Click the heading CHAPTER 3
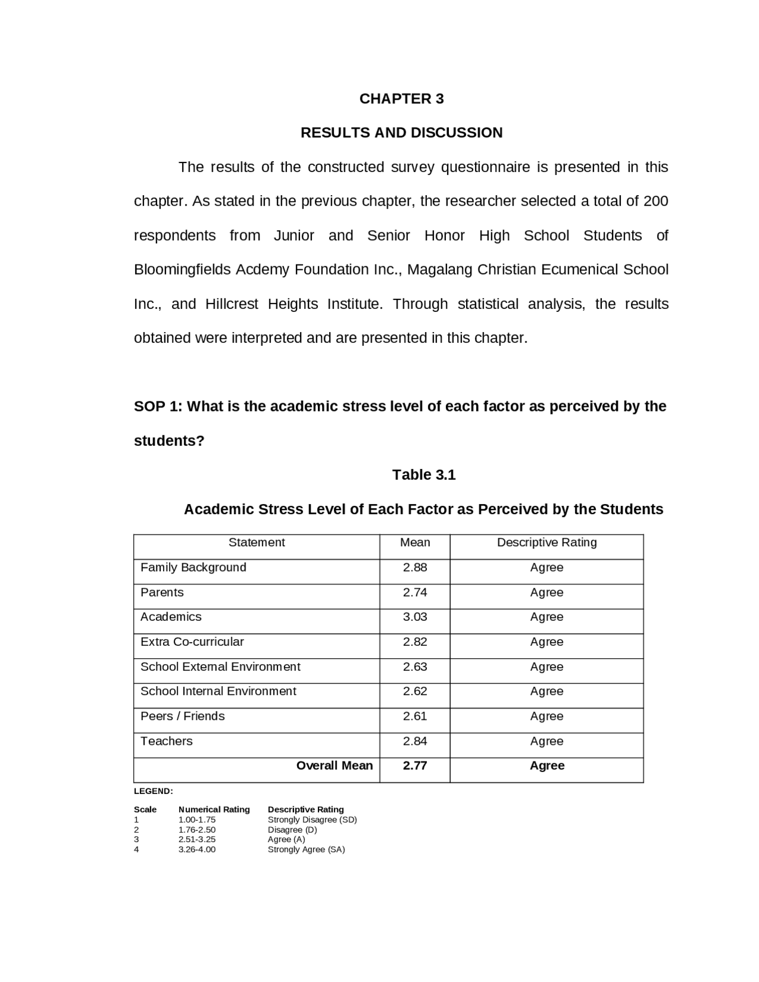pyautogui.click(x=401, y=98)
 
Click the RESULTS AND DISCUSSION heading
pyautogui.click(x=401, y=132)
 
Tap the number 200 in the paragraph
pyautogui.click(x=655, y=201)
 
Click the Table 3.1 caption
pyautogui.click(x=423, y=475)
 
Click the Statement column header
pyautogui.click(x=256, y=543)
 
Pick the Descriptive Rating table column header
pyautogui.click(x=546, y=543)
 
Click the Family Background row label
pyautogui.click(x=193, y=567)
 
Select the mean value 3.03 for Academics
pyautogui.click(x=414, y=617)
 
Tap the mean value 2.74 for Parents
pyautogui.click(x=414, y=592)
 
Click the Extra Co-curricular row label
pyautogui.click(x=192, y=642)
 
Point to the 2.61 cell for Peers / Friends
pyautogui.click(x=414, y=716)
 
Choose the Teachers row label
pyautogui.click(x=166, y=741)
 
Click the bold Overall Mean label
pyautogui.click(x=334, y=766)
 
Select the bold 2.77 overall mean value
pyautogui.click(x=414, y=766)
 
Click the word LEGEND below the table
pyautogui.click(x=153, y=791)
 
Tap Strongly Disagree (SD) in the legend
pyautogui.click(x=312, y=820)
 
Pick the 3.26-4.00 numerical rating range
pyautogui.click(x=197, y=849)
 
